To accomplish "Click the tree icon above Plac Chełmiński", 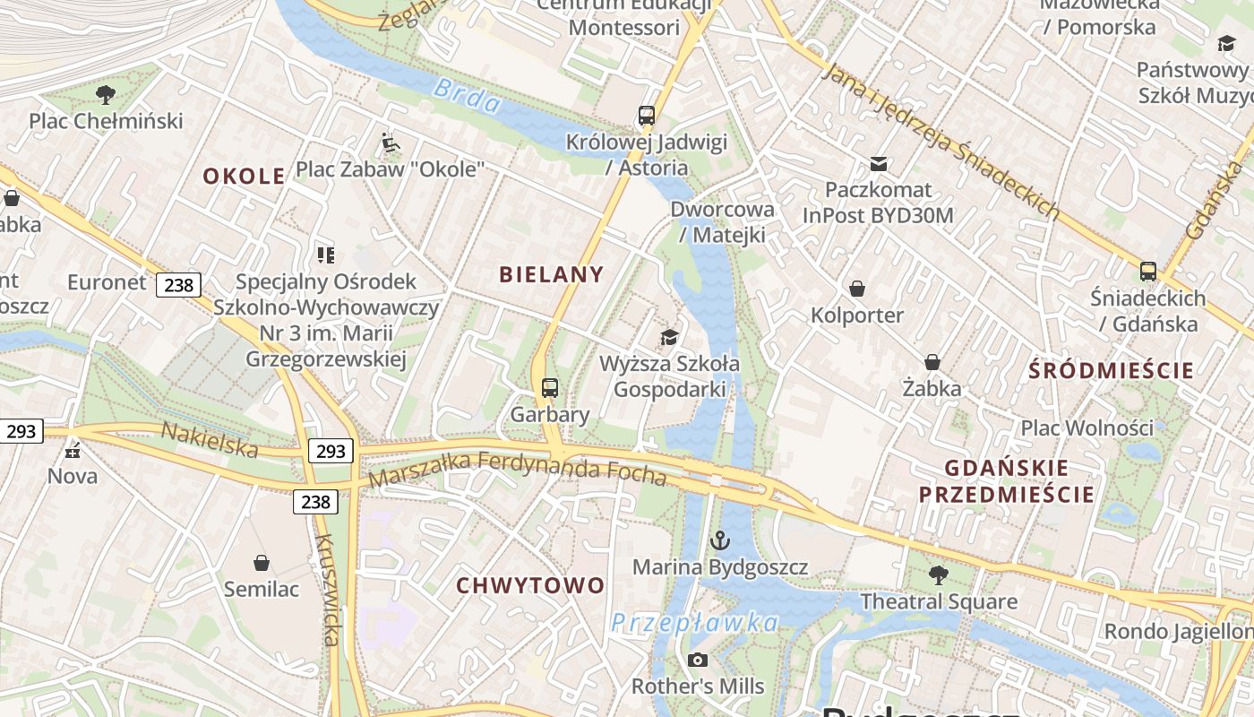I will [x=106, y=93].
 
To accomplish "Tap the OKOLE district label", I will [x=244, y=176].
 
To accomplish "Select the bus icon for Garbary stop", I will [x=550, y=388].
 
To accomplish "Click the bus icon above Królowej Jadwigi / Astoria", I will [x=647, y=116].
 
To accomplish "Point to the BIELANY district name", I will [x=552, y=274].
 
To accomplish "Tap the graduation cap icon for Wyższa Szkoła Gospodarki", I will [x=669, y=337].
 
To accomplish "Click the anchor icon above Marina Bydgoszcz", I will [x=719, y=540].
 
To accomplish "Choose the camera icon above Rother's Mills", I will [x=697, y=661].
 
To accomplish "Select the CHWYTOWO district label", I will [x=530, y=585].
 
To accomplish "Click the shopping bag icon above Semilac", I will [x=262, y=563].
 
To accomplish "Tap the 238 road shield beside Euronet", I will [x=178, y=285].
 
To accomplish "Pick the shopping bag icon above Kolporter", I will [x=857, y=289].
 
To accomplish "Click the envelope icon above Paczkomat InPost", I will [x=879, y=164].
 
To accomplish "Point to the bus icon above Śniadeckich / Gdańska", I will [x=1148, y=271].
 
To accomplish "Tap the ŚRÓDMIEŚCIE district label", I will [x=1111, y=370].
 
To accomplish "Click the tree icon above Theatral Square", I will [x=938, y=574].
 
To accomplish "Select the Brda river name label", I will [x=467, y=97].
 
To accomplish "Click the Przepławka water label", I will [x=694, y=622].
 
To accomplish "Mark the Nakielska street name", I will [x=209, y=439].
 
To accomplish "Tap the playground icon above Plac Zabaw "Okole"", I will [x=391, y=143].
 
